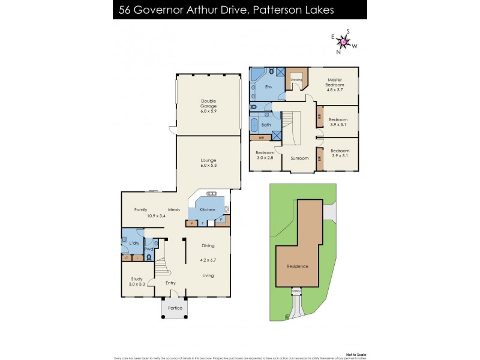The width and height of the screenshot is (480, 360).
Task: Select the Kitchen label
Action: (208, 210)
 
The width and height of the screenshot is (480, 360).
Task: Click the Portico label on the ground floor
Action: (175, 308)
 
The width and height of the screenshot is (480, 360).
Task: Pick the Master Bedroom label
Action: (335, 83)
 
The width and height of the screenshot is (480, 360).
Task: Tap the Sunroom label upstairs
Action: (299, 158)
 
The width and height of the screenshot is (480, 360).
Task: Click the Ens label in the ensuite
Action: (268, 88)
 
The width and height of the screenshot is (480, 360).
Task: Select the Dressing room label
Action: (296, 79)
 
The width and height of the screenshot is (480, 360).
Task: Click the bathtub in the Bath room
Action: (255, 125)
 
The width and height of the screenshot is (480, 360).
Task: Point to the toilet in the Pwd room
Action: (149, 257)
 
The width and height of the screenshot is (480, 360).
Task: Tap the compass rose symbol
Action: (344, 41)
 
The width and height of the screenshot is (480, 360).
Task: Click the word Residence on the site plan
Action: (298, 266)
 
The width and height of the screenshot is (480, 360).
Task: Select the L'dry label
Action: (134, 243)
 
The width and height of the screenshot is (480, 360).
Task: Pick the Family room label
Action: (140, 210)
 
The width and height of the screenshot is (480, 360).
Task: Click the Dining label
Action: (208, 245)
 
